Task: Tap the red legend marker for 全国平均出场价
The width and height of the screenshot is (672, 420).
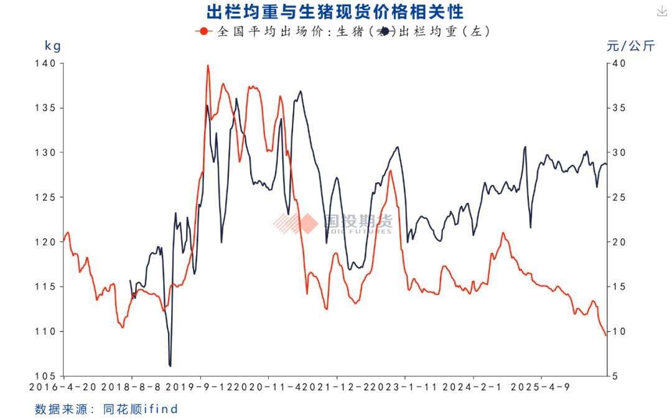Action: tap(202, 31)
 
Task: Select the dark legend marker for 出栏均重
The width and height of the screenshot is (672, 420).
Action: tap(386, 31)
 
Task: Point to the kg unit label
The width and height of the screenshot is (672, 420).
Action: tap(53, 45)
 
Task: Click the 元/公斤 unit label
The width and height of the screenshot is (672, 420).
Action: tap(630, 45)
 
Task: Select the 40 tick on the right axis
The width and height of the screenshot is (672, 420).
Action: tap(617, 63)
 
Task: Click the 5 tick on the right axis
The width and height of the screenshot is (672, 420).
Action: tap(615, 376)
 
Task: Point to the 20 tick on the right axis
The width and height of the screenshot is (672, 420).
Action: tap(617, 242)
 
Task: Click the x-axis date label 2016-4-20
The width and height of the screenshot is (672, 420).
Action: tap(64, 386)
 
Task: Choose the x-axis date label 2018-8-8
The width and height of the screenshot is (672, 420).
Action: tap(132, 386)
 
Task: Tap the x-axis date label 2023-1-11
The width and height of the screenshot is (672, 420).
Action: tap(405, 386)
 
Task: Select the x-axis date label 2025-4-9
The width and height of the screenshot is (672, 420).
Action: tap(541, 386)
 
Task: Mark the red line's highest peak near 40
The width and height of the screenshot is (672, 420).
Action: tap(208, 65)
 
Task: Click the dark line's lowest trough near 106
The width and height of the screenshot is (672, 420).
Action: tap(170, 365)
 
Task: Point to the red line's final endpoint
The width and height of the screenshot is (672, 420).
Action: tap(605, 336)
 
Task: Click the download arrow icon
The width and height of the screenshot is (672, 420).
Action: tap(661, 11)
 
